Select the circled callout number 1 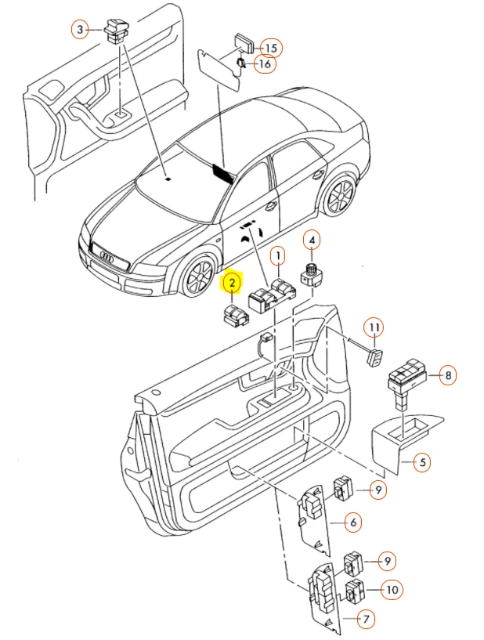tap(277, 255)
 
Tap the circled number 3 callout tap(79, 31)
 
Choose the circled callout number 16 tap(264, 63)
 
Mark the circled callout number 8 tap(446, 375)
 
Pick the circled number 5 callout tap(421, 463)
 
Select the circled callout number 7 tap(365, 619)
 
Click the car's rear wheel tap(338, 197)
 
